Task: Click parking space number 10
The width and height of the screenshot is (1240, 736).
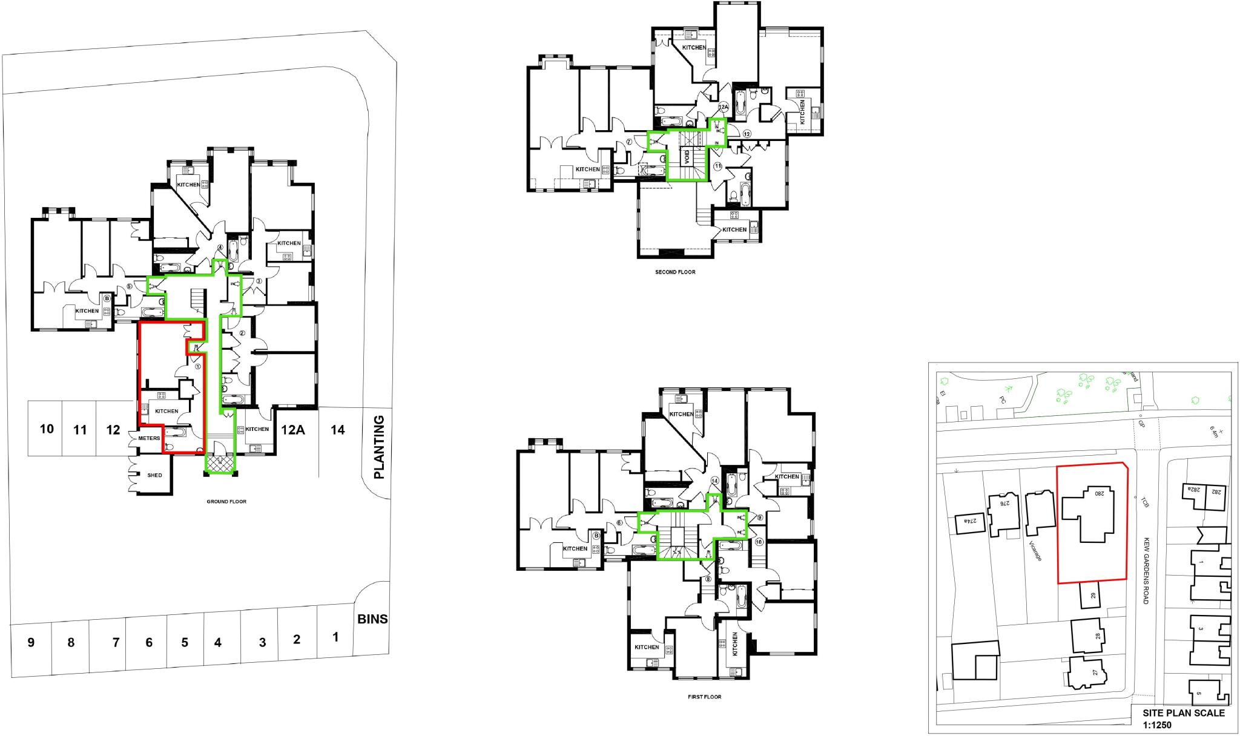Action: click(47, 429)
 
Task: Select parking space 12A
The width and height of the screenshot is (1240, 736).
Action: click(292, 430)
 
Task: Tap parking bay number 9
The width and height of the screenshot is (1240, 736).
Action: click(31, 642)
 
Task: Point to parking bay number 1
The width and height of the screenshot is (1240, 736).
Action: click(335, 637)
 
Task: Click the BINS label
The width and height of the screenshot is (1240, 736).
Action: click(372, 619)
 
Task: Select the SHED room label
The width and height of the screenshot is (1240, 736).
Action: click(154, 475)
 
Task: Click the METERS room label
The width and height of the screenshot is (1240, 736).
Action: click(149, 438)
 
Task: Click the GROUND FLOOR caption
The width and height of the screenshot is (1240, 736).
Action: click(226, 502)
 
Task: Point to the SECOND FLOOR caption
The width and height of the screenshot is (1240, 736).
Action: click(675, 272)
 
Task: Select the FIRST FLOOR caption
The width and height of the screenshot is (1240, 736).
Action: click(704, 697)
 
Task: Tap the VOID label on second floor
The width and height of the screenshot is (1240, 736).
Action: click(687, 157)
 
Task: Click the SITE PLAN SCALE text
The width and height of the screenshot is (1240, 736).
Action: click(1183, 712)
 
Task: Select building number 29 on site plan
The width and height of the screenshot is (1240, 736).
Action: click(1093, 596)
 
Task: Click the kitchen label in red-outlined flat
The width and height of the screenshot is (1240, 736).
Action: click(167, 411)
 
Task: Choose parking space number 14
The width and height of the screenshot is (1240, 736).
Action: click(338, 430)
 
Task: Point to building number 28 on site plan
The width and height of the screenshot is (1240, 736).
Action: click(1097, 636)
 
